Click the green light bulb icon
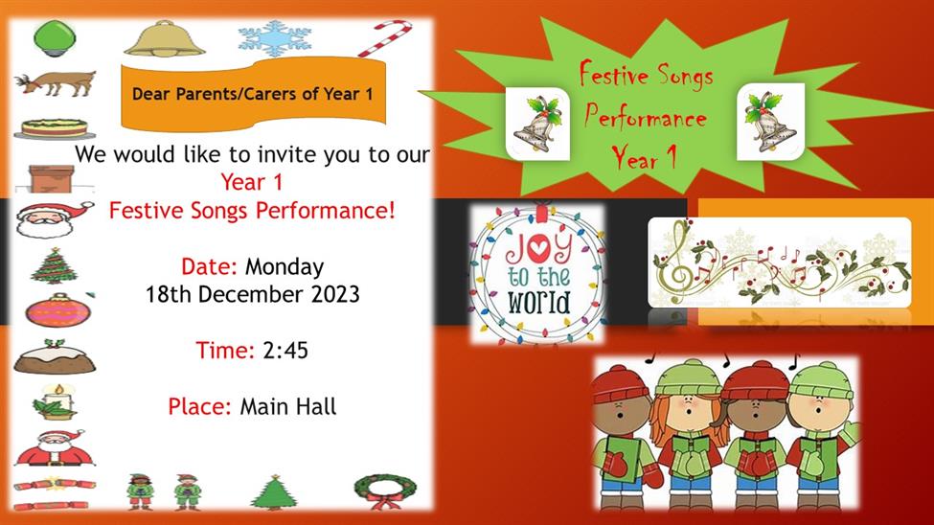coord(55,37)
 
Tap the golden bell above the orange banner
coord(165,38)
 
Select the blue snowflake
coord(275,38)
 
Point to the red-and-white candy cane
coord(385,38)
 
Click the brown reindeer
coord(56,82)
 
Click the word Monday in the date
coord(285,267)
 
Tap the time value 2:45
coord(285,351)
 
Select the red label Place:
coord(199,406)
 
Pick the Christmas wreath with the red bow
coord(385,491)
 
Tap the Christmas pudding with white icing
coord(55,356)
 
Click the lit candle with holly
coord(56,401)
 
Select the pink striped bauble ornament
coord(57,309)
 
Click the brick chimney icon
coord(52,178)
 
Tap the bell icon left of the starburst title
coord(537,124)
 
